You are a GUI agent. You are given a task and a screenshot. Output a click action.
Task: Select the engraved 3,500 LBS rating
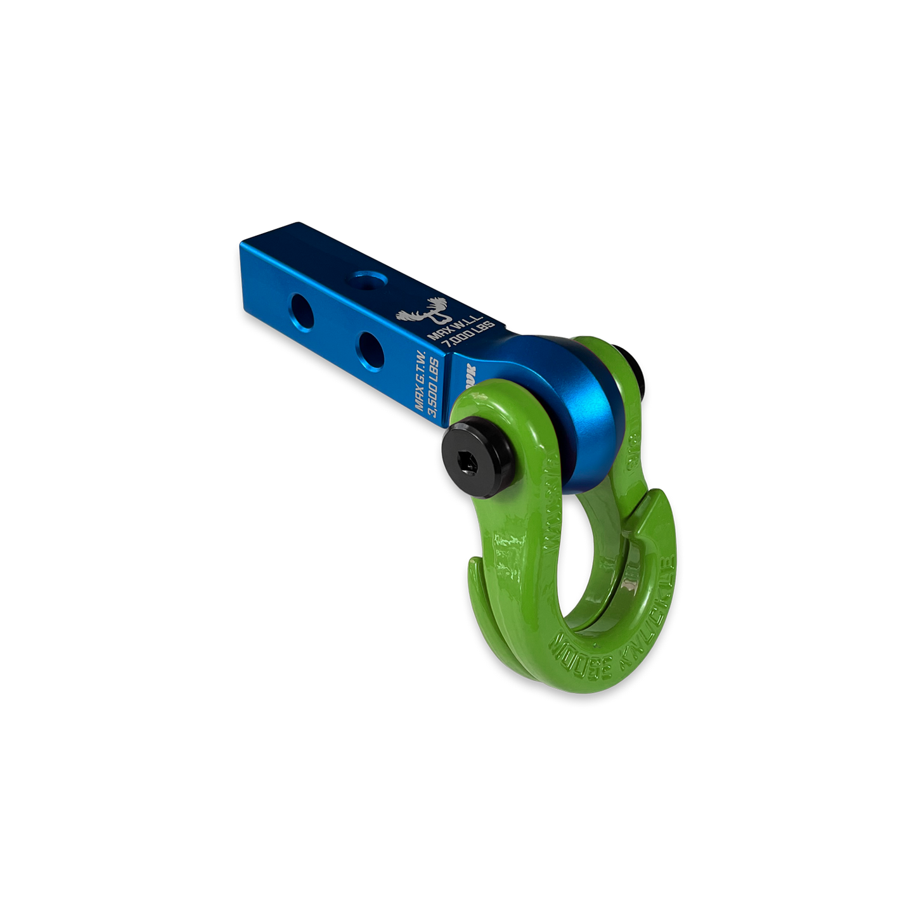(437, 397)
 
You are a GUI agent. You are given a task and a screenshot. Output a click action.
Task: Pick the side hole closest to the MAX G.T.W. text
(368, 344)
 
